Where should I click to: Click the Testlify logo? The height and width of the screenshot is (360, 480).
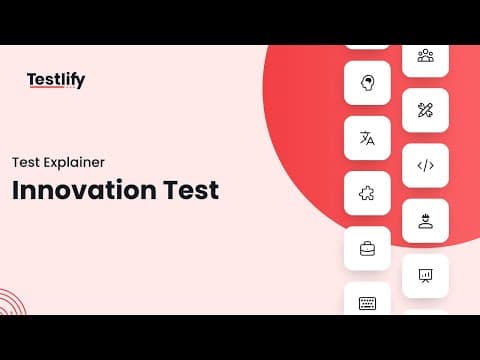(x=56, y=80)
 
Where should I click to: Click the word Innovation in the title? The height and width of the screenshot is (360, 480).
(x=84, y=190)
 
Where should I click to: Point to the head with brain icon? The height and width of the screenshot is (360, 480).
(x=367, y=83)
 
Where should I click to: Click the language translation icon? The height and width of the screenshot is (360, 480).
(x=367, y=138)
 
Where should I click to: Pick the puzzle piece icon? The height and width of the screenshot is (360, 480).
(x=367, y=193)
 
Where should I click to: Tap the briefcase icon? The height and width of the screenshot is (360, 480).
(x=367, y=249)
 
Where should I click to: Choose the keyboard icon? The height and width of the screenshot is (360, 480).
(x=367, y=303)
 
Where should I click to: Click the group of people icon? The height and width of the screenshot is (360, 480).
(x=426, y=56)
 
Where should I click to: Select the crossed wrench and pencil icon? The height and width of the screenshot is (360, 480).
(x=425, y=110)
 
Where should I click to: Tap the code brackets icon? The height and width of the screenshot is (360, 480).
(x=426, y=165)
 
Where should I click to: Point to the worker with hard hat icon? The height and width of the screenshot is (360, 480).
(x=426, y=221)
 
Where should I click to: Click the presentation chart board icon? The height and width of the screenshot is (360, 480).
(x=425, y=276)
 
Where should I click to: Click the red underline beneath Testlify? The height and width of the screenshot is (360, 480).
(x=46, y=87)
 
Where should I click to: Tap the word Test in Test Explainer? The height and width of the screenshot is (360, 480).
(x=26, y=163)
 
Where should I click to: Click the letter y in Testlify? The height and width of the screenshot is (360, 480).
(x=80, y=82)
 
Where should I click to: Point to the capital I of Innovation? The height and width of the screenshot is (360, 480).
(x=15, y=190)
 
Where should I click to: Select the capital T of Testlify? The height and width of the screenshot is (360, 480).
(x=32, y=79)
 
